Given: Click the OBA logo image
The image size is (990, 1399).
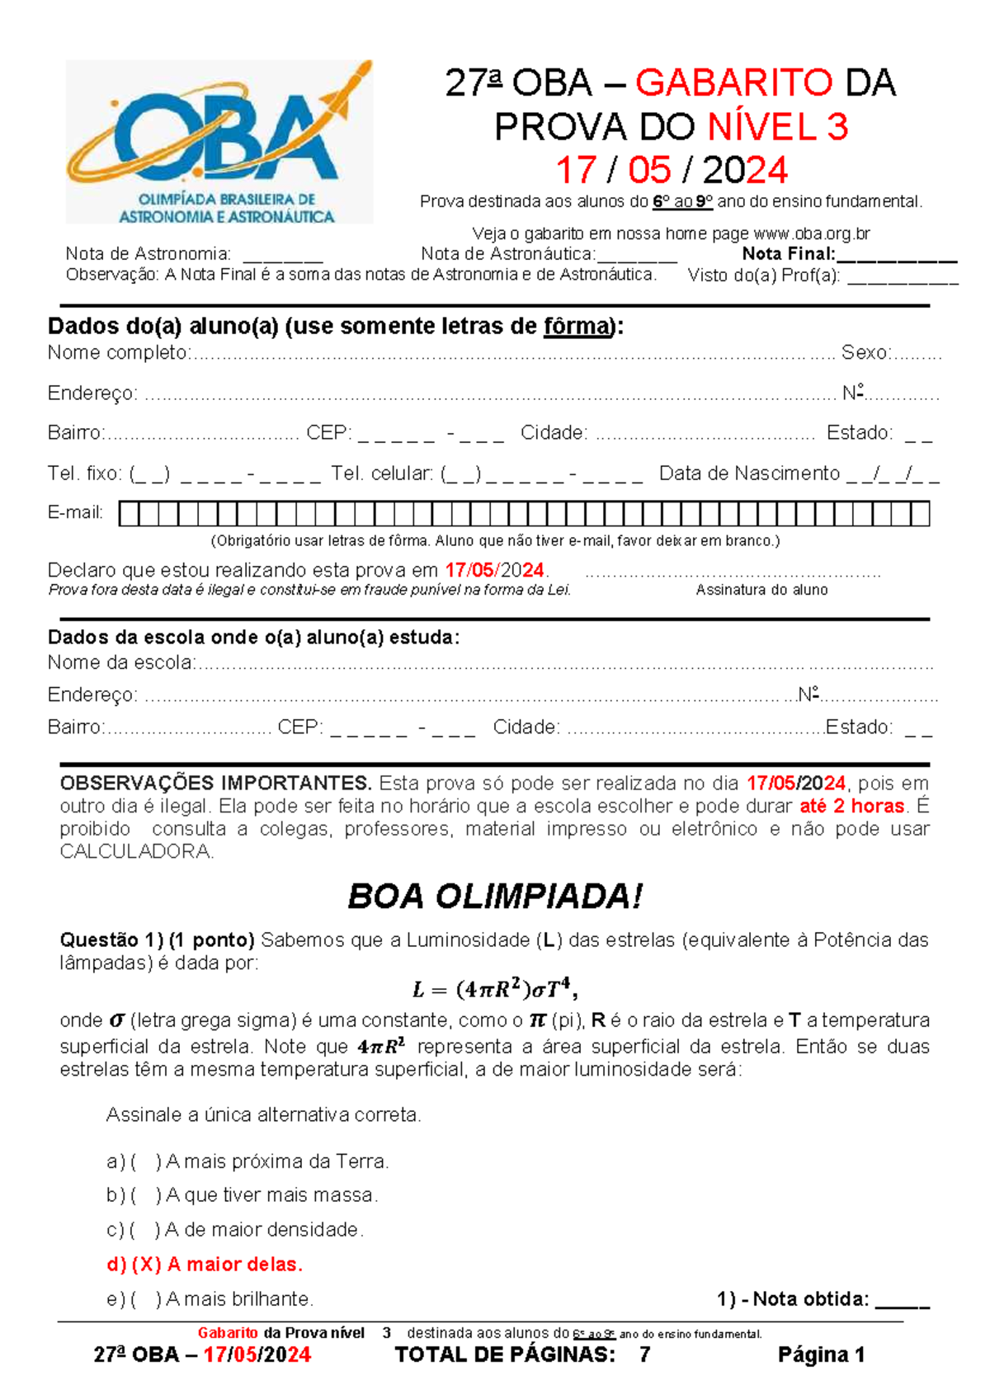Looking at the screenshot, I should (x=219, y=142).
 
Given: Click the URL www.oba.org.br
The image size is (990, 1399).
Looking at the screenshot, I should (x=812, y=233).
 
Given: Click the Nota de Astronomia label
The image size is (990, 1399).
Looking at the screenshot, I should (x=148, y=254).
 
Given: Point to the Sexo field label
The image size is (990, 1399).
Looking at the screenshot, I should (x=864, y=353).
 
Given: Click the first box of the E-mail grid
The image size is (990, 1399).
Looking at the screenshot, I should (x=129, y=514).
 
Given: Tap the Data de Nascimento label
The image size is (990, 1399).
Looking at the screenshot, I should (x=749, y=473).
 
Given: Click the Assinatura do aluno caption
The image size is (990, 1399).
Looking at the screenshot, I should (x=761, y=590).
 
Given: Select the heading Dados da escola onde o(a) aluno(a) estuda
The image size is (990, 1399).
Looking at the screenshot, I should (x=253, y=638).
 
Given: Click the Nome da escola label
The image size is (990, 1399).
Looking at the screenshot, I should (x=121, y=662).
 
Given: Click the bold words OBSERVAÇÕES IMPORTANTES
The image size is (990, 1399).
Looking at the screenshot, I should (x=215, y=783).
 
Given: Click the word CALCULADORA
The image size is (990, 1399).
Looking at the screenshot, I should (x=136, y=851).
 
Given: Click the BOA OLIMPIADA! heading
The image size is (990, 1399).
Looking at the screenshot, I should (x=494, y=897).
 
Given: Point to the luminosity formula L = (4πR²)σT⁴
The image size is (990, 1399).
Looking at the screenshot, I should (x=494, y=987).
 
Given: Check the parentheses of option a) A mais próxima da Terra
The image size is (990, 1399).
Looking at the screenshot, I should (x=146, y=1161).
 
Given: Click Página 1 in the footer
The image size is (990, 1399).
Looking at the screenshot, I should (x=821, y=1354).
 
